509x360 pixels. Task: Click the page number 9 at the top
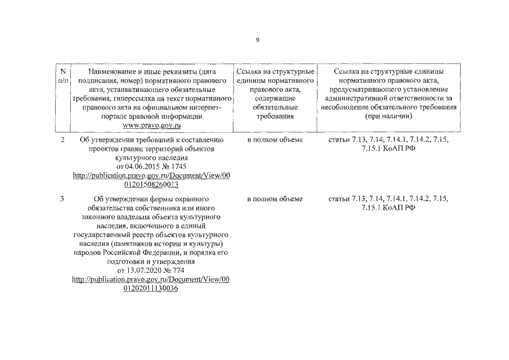(257, 40)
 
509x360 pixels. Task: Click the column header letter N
(63, 71)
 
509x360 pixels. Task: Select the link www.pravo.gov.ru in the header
(150, 125)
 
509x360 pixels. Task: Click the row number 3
(62, 199)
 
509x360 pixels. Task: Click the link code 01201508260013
(151, 184)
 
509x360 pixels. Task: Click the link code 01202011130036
(151, 289)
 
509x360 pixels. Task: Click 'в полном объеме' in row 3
(275, 199)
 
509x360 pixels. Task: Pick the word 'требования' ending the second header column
(275, 116)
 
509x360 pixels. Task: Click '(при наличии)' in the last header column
(389, 116)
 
